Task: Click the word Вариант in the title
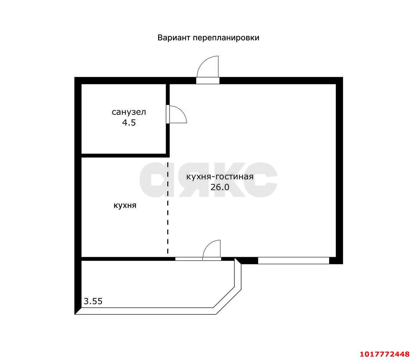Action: (x=174, y=38)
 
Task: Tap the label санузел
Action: (x=129, y=112)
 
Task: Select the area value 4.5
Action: (x=129, y=122)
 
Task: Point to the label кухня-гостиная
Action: (x=220, y=177)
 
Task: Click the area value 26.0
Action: (x=220, y=187)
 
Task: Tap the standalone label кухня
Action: (x=125, y=205)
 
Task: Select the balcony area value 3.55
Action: (x=93, y=301)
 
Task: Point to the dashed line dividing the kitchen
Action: (x=168, y=208)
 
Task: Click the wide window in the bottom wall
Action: (x=293, y=260)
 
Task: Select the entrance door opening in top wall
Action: (x=208, y=80)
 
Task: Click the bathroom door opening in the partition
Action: (x=168, y=114)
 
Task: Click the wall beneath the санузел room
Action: (x=125, y=155)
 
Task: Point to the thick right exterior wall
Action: (x=339, y=171)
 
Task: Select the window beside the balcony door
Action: (x=189, y=259)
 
